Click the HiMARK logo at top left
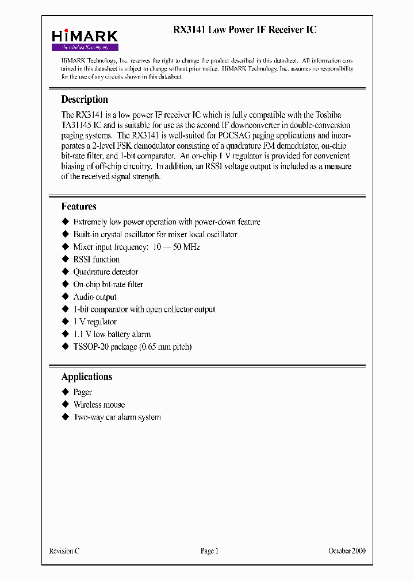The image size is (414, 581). point(85,39)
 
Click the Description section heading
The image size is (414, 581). point(85,99)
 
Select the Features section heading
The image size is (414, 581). point(79,207)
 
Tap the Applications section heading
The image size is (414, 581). point(87,377)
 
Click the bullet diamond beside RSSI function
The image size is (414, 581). point(65,259)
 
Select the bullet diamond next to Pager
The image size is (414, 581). point(65,392)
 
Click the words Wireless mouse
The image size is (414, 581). point(99,405)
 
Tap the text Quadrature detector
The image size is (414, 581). point(106,272)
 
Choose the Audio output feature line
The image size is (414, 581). point(95,297)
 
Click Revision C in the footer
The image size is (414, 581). point(64,551)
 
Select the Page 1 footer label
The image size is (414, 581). point(209,551)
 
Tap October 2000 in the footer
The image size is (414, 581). point(347,551)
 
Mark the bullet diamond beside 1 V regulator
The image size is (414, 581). point(65,322)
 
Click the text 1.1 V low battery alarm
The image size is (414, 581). point(112,334)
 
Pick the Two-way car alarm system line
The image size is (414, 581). point(117,417)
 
